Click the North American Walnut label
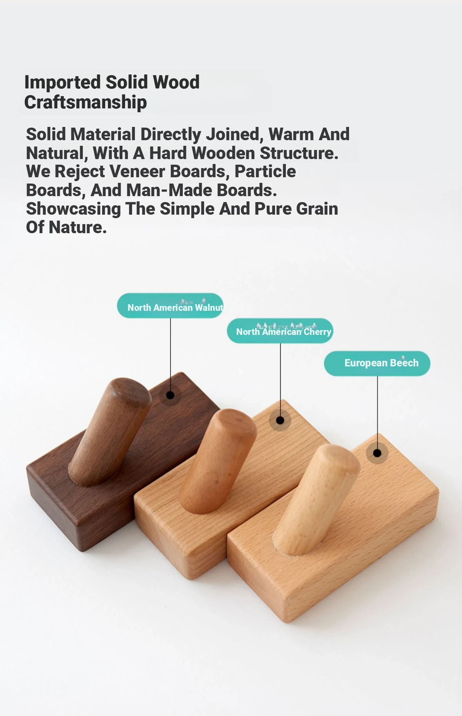(x=170, y=306)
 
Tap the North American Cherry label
(x=280, y=331)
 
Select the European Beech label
(x=377, y=364)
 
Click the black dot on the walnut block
(x=170, y=395)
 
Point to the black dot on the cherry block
(x=280, y=420)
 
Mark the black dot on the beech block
(x=377, y=453)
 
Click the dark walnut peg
(x=110, y=432)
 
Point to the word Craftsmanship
(x=86, y=102)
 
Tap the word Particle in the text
(x=265, y=171)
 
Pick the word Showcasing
(x=73, y=209)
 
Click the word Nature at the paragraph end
(x=78, y=228)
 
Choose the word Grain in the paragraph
(x=317, y=209)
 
